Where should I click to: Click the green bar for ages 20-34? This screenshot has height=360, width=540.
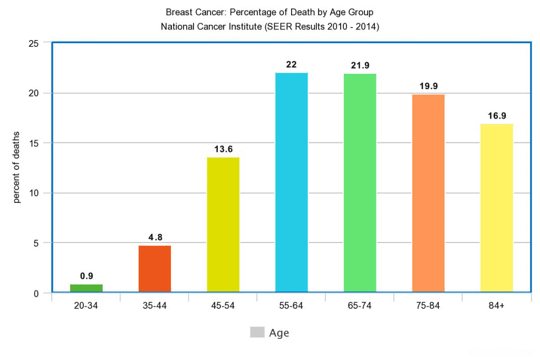pos(86,288)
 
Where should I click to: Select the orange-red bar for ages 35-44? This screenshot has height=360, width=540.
pos(155,269)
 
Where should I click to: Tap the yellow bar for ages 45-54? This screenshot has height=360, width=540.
pos(223,225)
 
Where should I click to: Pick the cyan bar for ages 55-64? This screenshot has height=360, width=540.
pos(292,182)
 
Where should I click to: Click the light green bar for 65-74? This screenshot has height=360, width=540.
pos(360,183)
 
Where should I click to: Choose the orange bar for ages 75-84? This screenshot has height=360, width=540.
pos(428,193)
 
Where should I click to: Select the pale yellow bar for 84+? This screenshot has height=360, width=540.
pos(496,208)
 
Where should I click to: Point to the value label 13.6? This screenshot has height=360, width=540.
pos(223,149)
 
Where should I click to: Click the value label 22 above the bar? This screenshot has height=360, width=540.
pos(292,65)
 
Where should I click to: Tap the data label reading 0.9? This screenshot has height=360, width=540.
pos(86,276)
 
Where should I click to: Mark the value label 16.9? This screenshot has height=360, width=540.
pos(497,116)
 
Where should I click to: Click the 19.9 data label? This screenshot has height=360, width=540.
pos(428,86)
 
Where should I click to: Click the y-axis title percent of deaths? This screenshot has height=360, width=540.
pos(17,168)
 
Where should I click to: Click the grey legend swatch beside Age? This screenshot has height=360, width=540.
pos(257,332)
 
